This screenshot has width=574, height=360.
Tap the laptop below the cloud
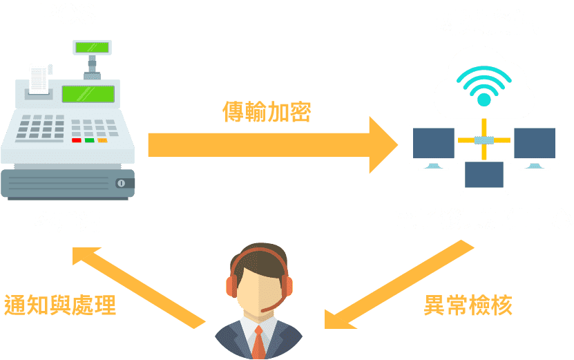pyautogui.click(x=484, y=178)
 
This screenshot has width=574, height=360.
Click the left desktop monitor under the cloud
pyautogui.click(x=433, y=146)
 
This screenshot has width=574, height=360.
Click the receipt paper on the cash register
pyautogui.click(x=39, y=77)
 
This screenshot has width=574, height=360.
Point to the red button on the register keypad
pyautogui.click(x=76, y=140)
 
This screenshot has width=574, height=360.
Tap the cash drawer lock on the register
pyautogui.click(x=122, y=183)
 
